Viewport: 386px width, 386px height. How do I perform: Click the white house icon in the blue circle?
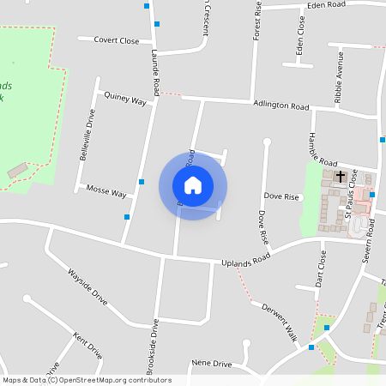click(193, 185)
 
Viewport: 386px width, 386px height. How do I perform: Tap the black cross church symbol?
click(341, 177)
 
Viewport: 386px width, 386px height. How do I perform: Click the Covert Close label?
click(117, 40)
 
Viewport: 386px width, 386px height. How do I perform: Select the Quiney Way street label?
click(125, 100)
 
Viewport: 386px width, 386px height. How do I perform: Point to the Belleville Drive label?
click(91, 133)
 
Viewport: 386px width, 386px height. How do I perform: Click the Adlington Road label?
click(280, 106)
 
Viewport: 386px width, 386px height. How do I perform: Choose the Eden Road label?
click(328, 4)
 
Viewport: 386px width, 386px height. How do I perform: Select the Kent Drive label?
click(87, 345)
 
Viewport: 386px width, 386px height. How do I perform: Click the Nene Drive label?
click(213, 365)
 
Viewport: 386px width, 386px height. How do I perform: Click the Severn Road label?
click(371, 244)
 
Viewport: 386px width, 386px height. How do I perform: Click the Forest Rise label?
click(256, 21)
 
